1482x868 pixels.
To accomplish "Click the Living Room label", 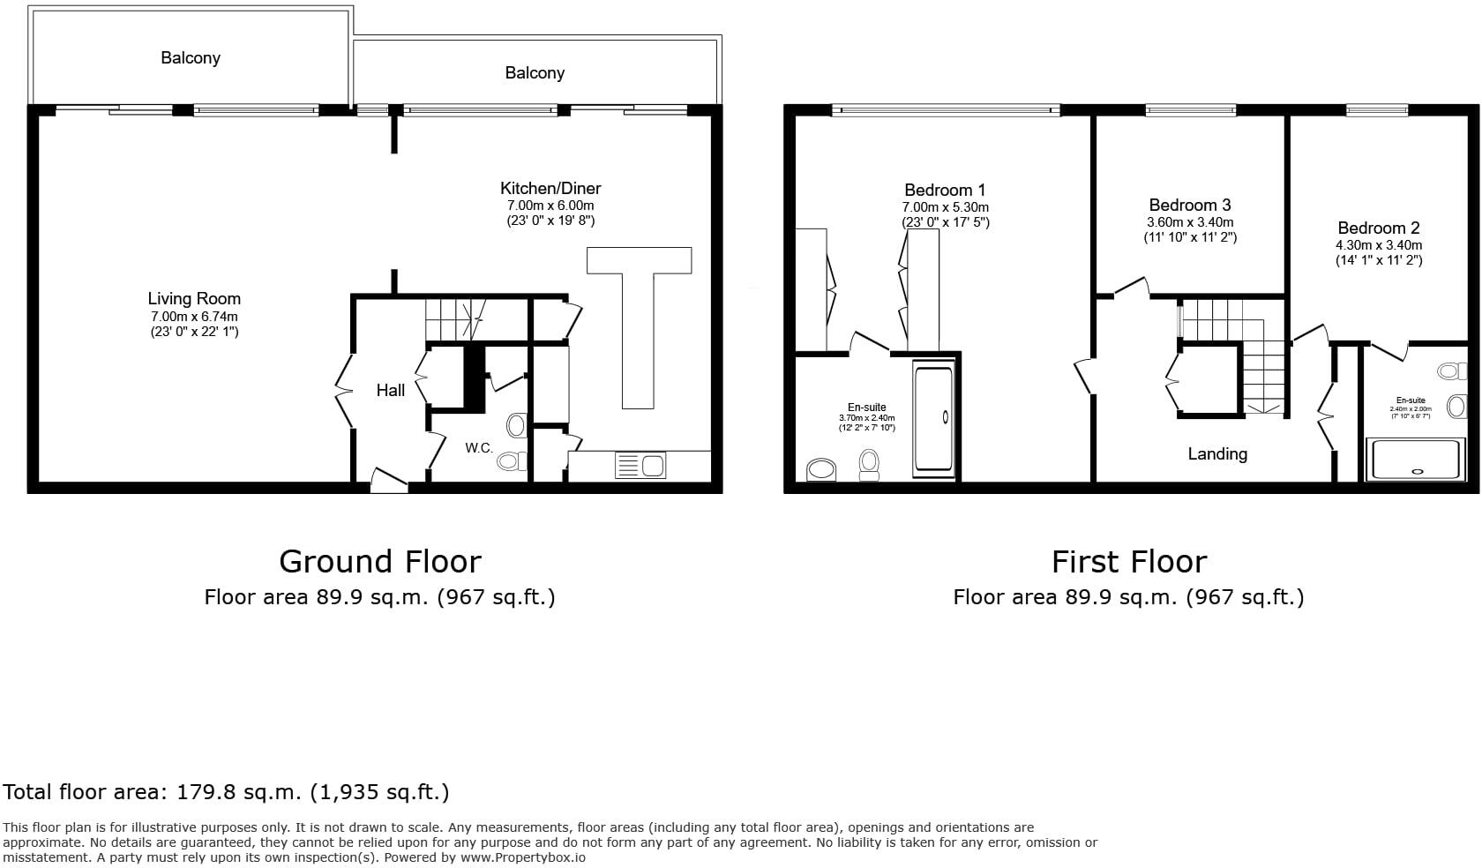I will coord(193,299).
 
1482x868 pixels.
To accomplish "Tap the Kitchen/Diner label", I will coord(550,188).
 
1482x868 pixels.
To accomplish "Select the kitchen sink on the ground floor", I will coord(640,465).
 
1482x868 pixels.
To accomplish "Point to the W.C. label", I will coord(479,448).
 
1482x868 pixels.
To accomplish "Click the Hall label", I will coord(391,390).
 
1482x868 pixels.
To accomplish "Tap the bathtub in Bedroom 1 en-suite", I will coord(933,418).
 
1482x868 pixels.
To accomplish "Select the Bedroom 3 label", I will coord(1190,205).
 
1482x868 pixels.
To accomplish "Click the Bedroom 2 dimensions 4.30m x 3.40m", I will coord(1378,245).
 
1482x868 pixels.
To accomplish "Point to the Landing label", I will coord(1217,454).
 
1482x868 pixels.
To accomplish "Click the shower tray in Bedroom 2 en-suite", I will coord(1415,459).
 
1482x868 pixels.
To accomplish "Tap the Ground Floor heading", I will coord(380,562).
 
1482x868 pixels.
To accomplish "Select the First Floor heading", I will coord(1128,562).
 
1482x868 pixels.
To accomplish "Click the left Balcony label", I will coord(191,58).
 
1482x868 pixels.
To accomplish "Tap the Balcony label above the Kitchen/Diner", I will coord(535,73).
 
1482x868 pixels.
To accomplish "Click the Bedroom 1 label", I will coord(945,190).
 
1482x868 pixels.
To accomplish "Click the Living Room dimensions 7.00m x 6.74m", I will coord(194,317).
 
